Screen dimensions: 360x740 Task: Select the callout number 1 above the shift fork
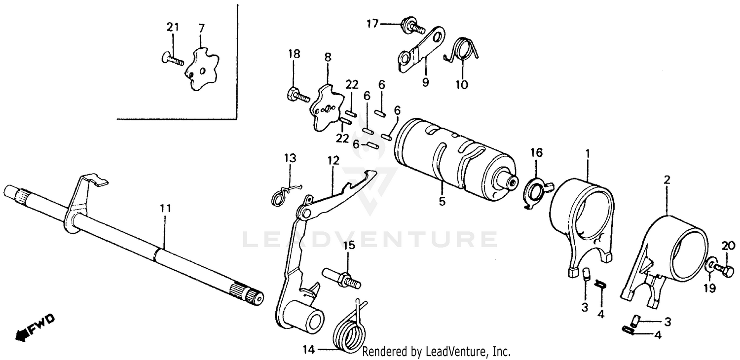coord(587,154)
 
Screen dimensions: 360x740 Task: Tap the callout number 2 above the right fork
coord(666,180)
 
